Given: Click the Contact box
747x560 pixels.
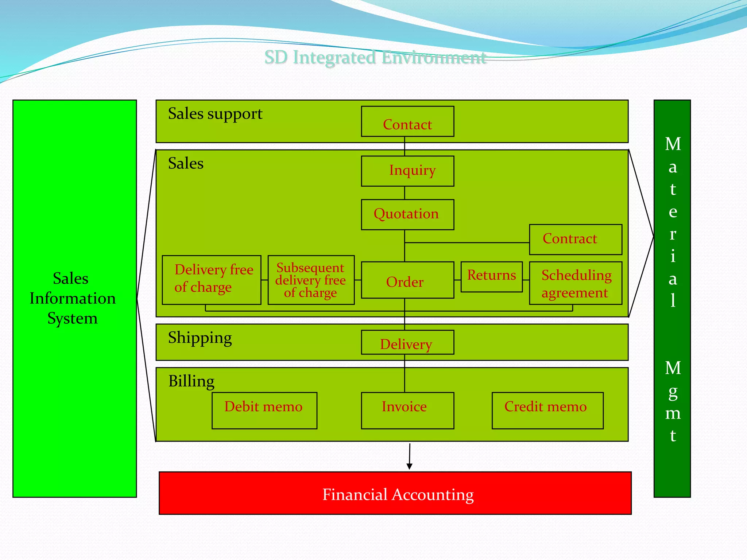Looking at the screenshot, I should tap(407, 122).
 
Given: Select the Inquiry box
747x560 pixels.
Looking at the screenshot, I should tap(407, 171).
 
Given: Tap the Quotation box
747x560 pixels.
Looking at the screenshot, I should tap(407, 214).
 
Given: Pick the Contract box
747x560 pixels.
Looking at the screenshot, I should tap(575, 240).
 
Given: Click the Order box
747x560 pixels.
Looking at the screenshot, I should tap(407, 280).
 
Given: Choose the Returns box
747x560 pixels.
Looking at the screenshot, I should tap(491, 277).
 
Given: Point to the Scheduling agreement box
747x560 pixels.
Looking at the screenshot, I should tap(575, 283).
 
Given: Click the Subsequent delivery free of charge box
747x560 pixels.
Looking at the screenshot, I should tap(311, 280).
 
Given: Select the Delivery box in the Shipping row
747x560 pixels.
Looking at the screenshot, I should tap(407, 342).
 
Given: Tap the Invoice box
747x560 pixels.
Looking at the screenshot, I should tap(407, 411).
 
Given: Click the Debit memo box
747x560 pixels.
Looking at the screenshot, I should tap(264, 411).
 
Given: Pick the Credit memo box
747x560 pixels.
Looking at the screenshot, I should tap(547, 411).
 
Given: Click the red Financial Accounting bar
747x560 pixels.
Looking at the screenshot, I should tap(395, 493).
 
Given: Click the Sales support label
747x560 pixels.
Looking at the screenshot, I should tap(215, 114).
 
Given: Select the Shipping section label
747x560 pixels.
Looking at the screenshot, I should tap(200, 338).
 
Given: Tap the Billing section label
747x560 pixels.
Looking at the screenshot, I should tap(191, 381).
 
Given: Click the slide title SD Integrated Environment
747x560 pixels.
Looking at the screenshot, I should tap(375, 58).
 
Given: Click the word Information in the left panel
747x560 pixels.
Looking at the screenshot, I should tap(73, 299).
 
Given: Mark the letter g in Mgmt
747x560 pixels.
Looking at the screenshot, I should tap(673, 392).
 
